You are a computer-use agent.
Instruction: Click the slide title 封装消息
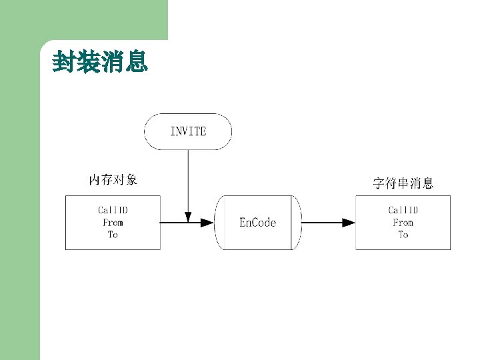tap(100, 63)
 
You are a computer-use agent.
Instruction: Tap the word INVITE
tap(188, 131)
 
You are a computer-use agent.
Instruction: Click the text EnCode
tap(257, 223)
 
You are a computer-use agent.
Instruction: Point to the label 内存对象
tap(113, 179)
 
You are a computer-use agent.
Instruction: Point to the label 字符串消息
tap(403, 183)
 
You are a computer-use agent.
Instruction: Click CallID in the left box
tap(113, 210)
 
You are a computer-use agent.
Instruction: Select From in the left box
tap(113, 223)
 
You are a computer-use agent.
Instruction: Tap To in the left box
tap(113, 235)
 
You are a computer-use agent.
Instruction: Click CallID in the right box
tap(403, 210)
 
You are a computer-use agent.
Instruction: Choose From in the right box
tap(403, 223)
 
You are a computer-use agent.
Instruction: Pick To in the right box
tap(403, 235)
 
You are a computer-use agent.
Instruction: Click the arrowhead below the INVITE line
tap(188, 217)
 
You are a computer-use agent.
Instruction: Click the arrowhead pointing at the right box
tap(348, 223)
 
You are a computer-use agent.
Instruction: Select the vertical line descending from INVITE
tap(188, 180)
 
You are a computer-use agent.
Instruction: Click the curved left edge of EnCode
tap(218, 223)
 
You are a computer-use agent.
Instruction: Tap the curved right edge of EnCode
tap(298, 223)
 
